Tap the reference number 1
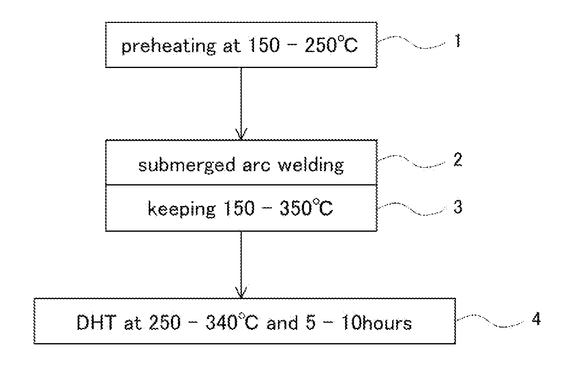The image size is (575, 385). click(x=457, y=41)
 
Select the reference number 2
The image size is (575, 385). click(x=457, y=160)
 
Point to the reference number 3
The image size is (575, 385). click(x=458, y=207)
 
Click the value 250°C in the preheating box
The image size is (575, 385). click(x=331, y=46)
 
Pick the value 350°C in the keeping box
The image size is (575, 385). click(x=308, y=209)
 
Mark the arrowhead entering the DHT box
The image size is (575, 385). click(x=241, y=293)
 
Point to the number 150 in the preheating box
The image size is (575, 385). click(x=263, y=46)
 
